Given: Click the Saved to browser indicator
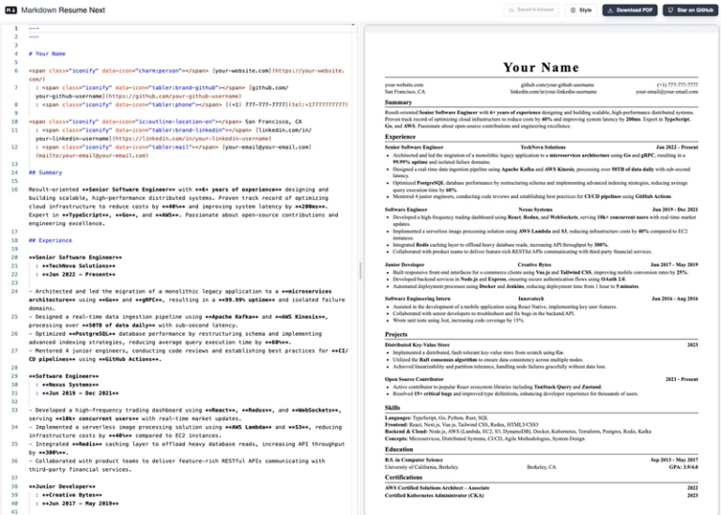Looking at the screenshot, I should tap(531, 9).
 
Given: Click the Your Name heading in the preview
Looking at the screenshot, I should tap(541, 68).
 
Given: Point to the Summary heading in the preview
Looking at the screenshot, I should tap(401, 102).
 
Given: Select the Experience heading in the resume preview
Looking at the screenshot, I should tap(404, 137).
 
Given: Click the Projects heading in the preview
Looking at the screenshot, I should tap(396, 334).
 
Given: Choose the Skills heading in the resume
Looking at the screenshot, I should tap(392, 408).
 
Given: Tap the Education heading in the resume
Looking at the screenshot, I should tap(400, 449).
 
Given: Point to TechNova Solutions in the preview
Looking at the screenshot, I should tap(543, 148).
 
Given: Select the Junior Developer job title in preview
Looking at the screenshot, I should tap(407, 265).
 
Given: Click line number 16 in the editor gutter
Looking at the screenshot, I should tap(14, 190).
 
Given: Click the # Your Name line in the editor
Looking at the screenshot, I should tap(47, 54).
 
